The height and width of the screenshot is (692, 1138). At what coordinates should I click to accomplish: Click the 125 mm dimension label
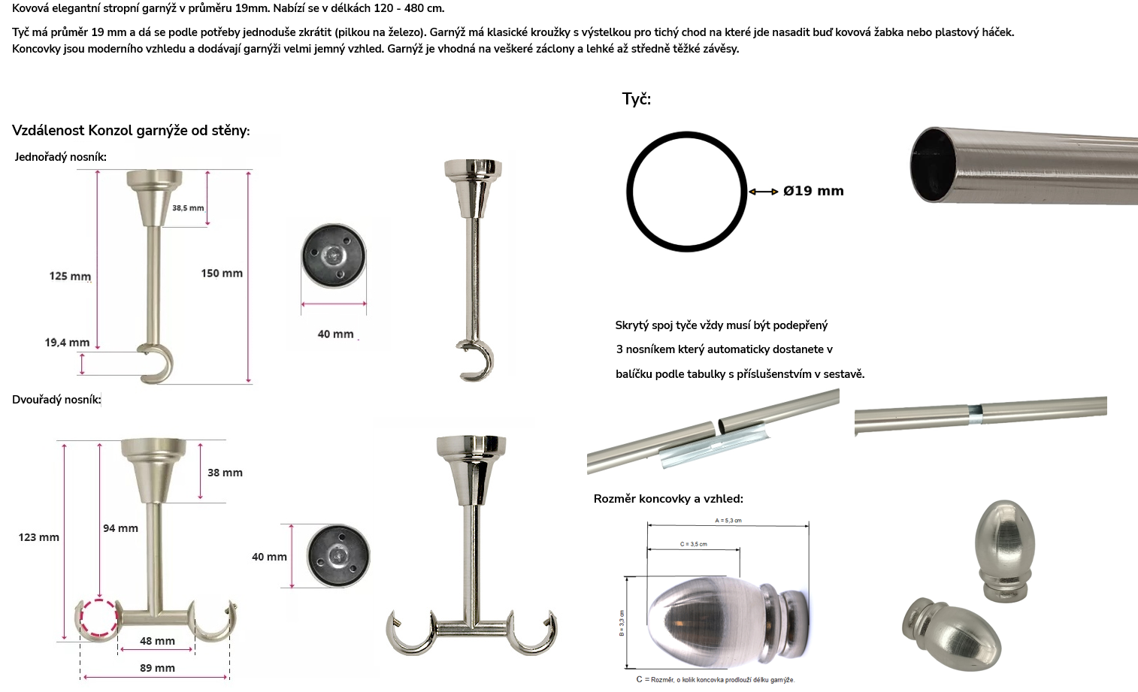[70, 276]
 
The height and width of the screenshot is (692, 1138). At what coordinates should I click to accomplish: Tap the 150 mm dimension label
[222, 273]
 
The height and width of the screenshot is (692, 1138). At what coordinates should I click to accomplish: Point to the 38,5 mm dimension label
[188, 207]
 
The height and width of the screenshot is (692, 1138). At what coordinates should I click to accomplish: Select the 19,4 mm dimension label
[67, 343]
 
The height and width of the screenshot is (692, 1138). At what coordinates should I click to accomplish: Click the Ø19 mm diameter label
[813, 191]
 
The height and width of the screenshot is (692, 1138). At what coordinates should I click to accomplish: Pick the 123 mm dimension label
[38, 537]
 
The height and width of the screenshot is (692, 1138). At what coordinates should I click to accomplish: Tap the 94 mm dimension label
[120, 528]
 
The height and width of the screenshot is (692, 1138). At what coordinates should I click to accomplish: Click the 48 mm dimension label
[158, 641]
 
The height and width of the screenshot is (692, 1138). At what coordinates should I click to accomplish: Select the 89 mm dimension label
[158, 668]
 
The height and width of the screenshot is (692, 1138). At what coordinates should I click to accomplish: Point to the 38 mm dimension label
[225, 473]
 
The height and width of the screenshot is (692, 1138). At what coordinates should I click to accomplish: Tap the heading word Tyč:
[637, 99]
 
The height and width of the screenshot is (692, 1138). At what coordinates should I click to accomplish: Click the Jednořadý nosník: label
[60, 157]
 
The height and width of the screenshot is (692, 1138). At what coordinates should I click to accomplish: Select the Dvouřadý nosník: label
[56, 400]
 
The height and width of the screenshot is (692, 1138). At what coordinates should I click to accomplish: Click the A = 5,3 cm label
[728, 521]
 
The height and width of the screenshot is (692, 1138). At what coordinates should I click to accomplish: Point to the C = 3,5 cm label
[694, 544]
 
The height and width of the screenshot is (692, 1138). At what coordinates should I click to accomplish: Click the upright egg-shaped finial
[1005, 551]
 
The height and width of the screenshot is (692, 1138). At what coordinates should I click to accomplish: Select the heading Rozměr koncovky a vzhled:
[668, 499]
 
